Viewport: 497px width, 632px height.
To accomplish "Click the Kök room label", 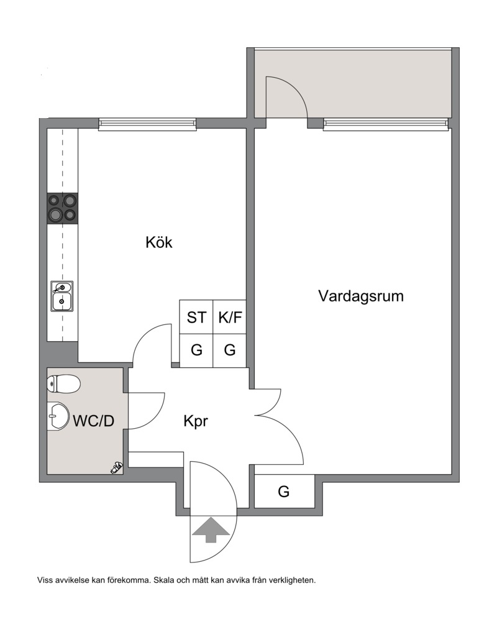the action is point(159,242).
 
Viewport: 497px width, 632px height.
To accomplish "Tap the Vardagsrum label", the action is point(361,296).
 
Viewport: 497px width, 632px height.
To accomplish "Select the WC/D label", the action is point(94,421).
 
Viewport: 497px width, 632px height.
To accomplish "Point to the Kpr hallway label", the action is point(196,421).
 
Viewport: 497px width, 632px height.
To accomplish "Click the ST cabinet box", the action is point(196,317).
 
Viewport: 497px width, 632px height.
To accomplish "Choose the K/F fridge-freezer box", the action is point(230,317).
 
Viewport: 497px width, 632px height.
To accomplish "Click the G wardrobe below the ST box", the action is point(196,350).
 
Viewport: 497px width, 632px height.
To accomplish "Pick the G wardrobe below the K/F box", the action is point(230,350).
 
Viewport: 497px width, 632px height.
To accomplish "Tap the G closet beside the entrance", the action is point(284,492).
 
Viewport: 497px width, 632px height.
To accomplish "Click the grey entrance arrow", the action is point(211,530).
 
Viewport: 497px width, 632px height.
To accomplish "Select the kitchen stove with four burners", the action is point(63,208).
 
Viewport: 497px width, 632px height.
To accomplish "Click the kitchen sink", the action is point(62,296).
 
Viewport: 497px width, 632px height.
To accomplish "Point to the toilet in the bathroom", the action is point(63,383).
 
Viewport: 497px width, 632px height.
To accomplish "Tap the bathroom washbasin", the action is point(58,416).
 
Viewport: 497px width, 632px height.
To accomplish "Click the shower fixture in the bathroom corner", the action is point(116,468).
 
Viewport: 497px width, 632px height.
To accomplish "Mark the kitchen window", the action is point(147,124).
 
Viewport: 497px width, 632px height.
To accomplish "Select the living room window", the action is point(385,124).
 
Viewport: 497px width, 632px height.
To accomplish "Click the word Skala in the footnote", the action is point(163,580).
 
